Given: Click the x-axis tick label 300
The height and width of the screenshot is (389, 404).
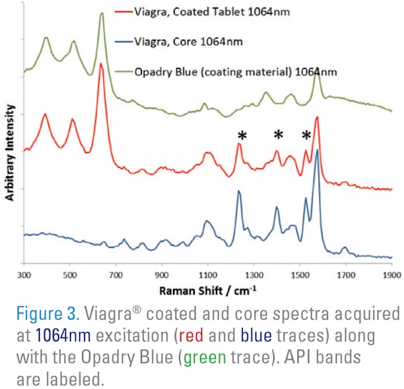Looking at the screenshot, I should [x=24, y=273].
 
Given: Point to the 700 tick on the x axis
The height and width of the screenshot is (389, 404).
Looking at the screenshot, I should [x=116, y=273].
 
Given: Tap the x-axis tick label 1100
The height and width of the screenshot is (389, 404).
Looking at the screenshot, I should [x=207, y=273].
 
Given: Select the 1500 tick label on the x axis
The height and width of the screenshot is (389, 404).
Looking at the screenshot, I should [x=300, y=273].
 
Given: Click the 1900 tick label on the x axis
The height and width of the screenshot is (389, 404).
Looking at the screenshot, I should [x=391, y=273].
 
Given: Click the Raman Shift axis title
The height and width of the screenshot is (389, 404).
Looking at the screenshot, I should [x=209, y=289].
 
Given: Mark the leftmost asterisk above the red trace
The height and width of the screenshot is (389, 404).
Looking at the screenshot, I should [x=242, y=135].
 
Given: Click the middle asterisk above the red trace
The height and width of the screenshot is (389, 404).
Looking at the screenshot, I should [x=278, y=135].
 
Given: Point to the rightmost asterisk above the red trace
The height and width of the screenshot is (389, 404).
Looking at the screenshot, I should [x=306, y=135].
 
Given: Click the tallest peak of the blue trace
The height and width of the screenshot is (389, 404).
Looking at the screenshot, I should [x=318, y=151].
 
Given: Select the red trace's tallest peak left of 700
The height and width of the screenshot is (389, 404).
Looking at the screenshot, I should [x=101, y=64].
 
